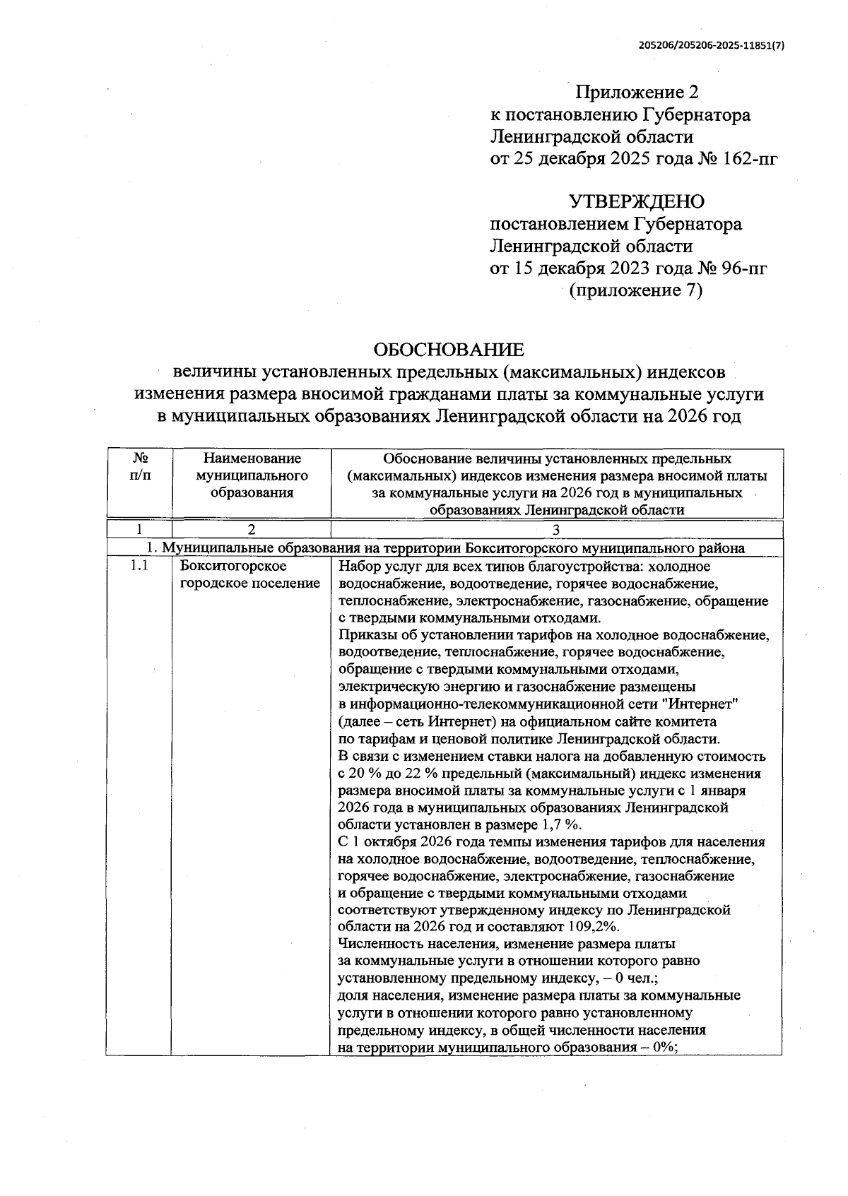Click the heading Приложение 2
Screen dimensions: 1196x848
[x=637, y=93]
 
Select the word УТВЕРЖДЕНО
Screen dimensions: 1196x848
[x=637, y=202]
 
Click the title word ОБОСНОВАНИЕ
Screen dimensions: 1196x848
[x=449, y=350]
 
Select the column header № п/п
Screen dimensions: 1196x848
[x=140, y=467]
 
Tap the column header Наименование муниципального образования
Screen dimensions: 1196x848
[x=252, y=475]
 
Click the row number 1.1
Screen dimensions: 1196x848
[x=139, y=567]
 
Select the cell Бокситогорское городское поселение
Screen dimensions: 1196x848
[x=249, y=575]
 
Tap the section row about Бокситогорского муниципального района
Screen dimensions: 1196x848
[x=444, y=549]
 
